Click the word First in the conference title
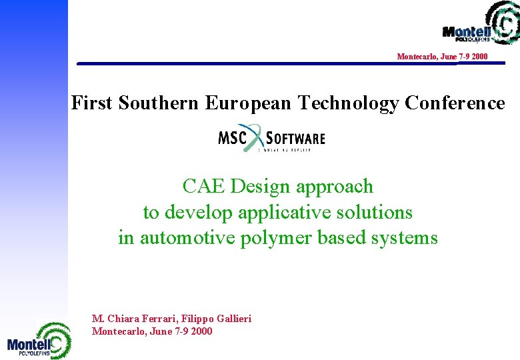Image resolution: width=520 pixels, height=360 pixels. point(93,103)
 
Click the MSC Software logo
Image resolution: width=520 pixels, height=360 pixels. point(271,139)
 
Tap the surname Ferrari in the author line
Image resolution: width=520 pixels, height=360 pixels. point(150,319)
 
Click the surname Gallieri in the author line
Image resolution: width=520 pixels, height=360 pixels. point(231,319)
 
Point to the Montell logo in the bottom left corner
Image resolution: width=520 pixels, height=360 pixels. point(39,341)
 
